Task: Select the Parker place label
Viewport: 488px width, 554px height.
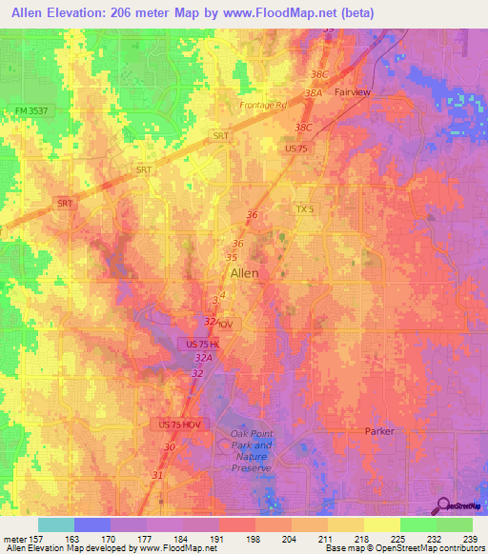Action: point(379,431)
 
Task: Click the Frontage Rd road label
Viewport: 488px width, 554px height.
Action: point(263,105)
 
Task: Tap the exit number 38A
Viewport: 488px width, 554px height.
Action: point(314,93)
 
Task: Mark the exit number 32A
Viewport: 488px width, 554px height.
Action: point(203,358)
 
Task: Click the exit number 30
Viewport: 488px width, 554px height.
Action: point(169,446)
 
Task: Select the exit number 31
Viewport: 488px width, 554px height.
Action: point(157,475)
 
